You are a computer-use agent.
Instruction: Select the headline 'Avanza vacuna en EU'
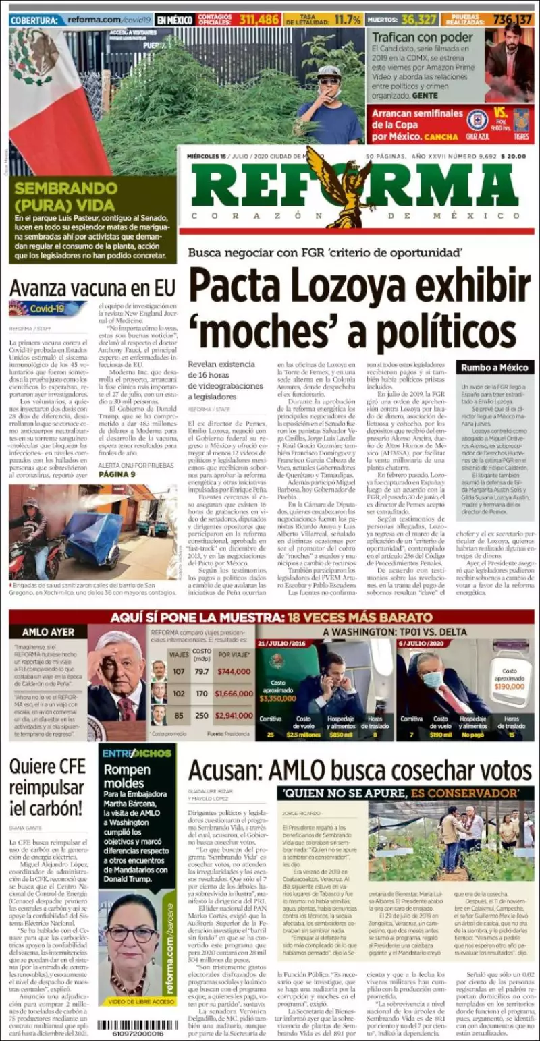coord(92,289)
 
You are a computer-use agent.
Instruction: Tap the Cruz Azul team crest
coord(477,120)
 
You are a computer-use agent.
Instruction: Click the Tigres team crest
coord(520,118)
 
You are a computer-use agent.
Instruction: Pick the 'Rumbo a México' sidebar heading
coord(495,367)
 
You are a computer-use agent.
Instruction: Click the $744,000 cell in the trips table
coord(234,672)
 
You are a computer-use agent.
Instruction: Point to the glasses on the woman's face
coord(131,934)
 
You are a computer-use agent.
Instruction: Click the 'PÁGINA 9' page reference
coord(117,474)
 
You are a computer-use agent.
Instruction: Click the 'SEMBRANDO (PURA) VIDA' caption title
coord(65,196)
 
